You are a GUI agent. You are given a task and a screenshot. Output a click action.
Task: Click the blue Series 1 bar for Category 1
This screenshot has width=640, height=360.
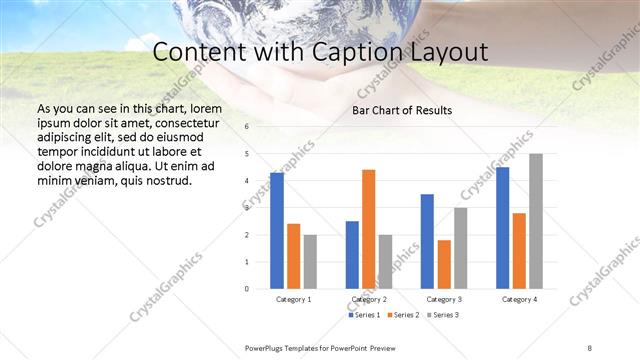[277, 231]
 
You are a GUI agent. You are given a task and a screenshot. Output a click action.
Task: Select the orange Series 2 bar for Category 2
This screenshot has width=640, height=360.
[368, 229]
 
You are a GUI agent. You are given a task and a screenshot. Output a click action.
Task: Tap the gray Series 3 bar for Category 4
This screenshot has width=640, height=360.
[536, 221]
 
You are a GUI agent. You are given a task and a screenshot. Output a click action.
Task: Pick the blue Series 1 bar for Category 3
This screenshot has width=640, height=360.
[427, 241]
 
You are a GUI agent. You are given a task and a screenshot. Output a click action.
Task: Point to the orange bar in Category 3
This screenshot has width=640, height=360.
[444, 264]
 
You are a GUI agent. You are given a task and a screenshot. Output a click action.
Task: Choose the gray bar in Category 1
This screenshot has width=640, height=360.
[310, 262]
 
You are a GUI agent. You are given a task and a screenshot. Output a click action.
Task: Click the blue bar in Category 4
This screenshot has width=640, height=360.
[502, 228]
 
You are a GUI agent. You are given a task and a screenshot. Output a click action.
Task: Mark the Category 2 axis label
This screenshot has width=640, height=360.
[368, 299]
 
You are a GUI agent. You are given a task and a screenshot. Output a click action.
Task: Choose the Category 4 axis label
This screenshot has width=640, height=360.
[519, 299]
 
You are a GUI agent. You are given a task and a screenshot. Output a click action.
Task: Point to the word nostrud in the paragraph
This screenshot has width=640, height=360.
[171, 181]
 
